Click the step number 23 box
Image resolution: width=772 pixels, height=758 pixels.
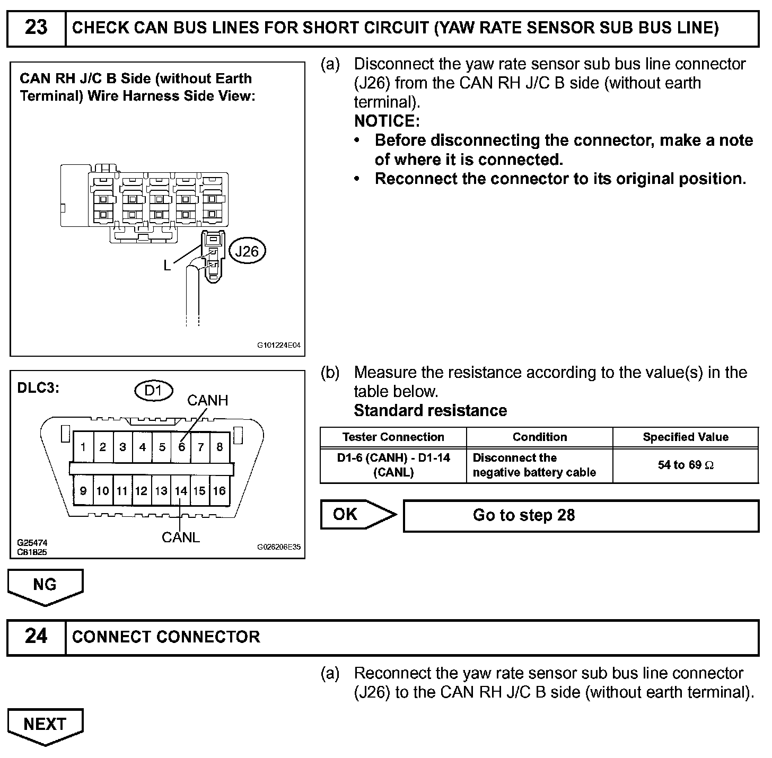36,28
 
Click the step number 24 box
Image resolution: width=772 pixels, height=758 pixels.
36,637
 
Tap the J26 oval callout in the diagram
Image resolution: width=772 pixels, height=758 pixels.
247,251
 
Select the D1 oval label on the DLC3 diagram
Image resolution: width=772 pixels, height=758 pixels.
153,391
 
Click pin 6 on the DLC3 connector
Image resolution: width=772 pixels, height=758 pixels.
181,447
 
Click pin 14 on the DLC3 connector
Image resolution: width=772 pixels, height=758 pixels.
181,491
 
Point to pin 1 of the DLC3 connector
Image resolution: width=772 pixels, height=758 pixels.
83,447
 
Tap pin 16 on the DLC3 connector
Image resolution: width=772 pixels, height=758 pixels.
219,491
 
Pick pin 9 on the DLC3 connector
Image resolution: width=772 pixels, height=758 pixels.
83,491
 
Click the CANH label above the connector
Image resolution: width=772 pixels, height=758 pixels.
207,401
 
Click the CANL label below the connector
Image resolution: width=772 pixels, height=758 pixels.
181,537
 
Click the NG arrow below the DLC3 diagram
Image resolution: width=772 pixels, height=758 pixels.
45,585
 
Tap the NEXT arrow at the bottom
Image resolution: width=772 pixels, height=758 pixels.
45,725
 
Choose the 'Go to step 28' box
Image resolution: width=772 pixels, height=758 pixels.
581,515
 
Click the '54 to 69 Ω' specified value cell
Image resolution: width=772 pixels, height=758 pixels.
685,465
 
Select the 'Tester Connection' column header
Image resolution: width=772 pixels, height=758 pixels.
393,437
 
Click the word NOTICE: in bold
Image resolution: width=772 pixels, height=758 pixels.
387,121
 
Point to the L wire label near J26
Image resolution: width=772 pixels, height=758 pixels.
167,266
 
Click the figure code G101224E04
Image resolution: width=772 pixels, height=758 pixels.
279,345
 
